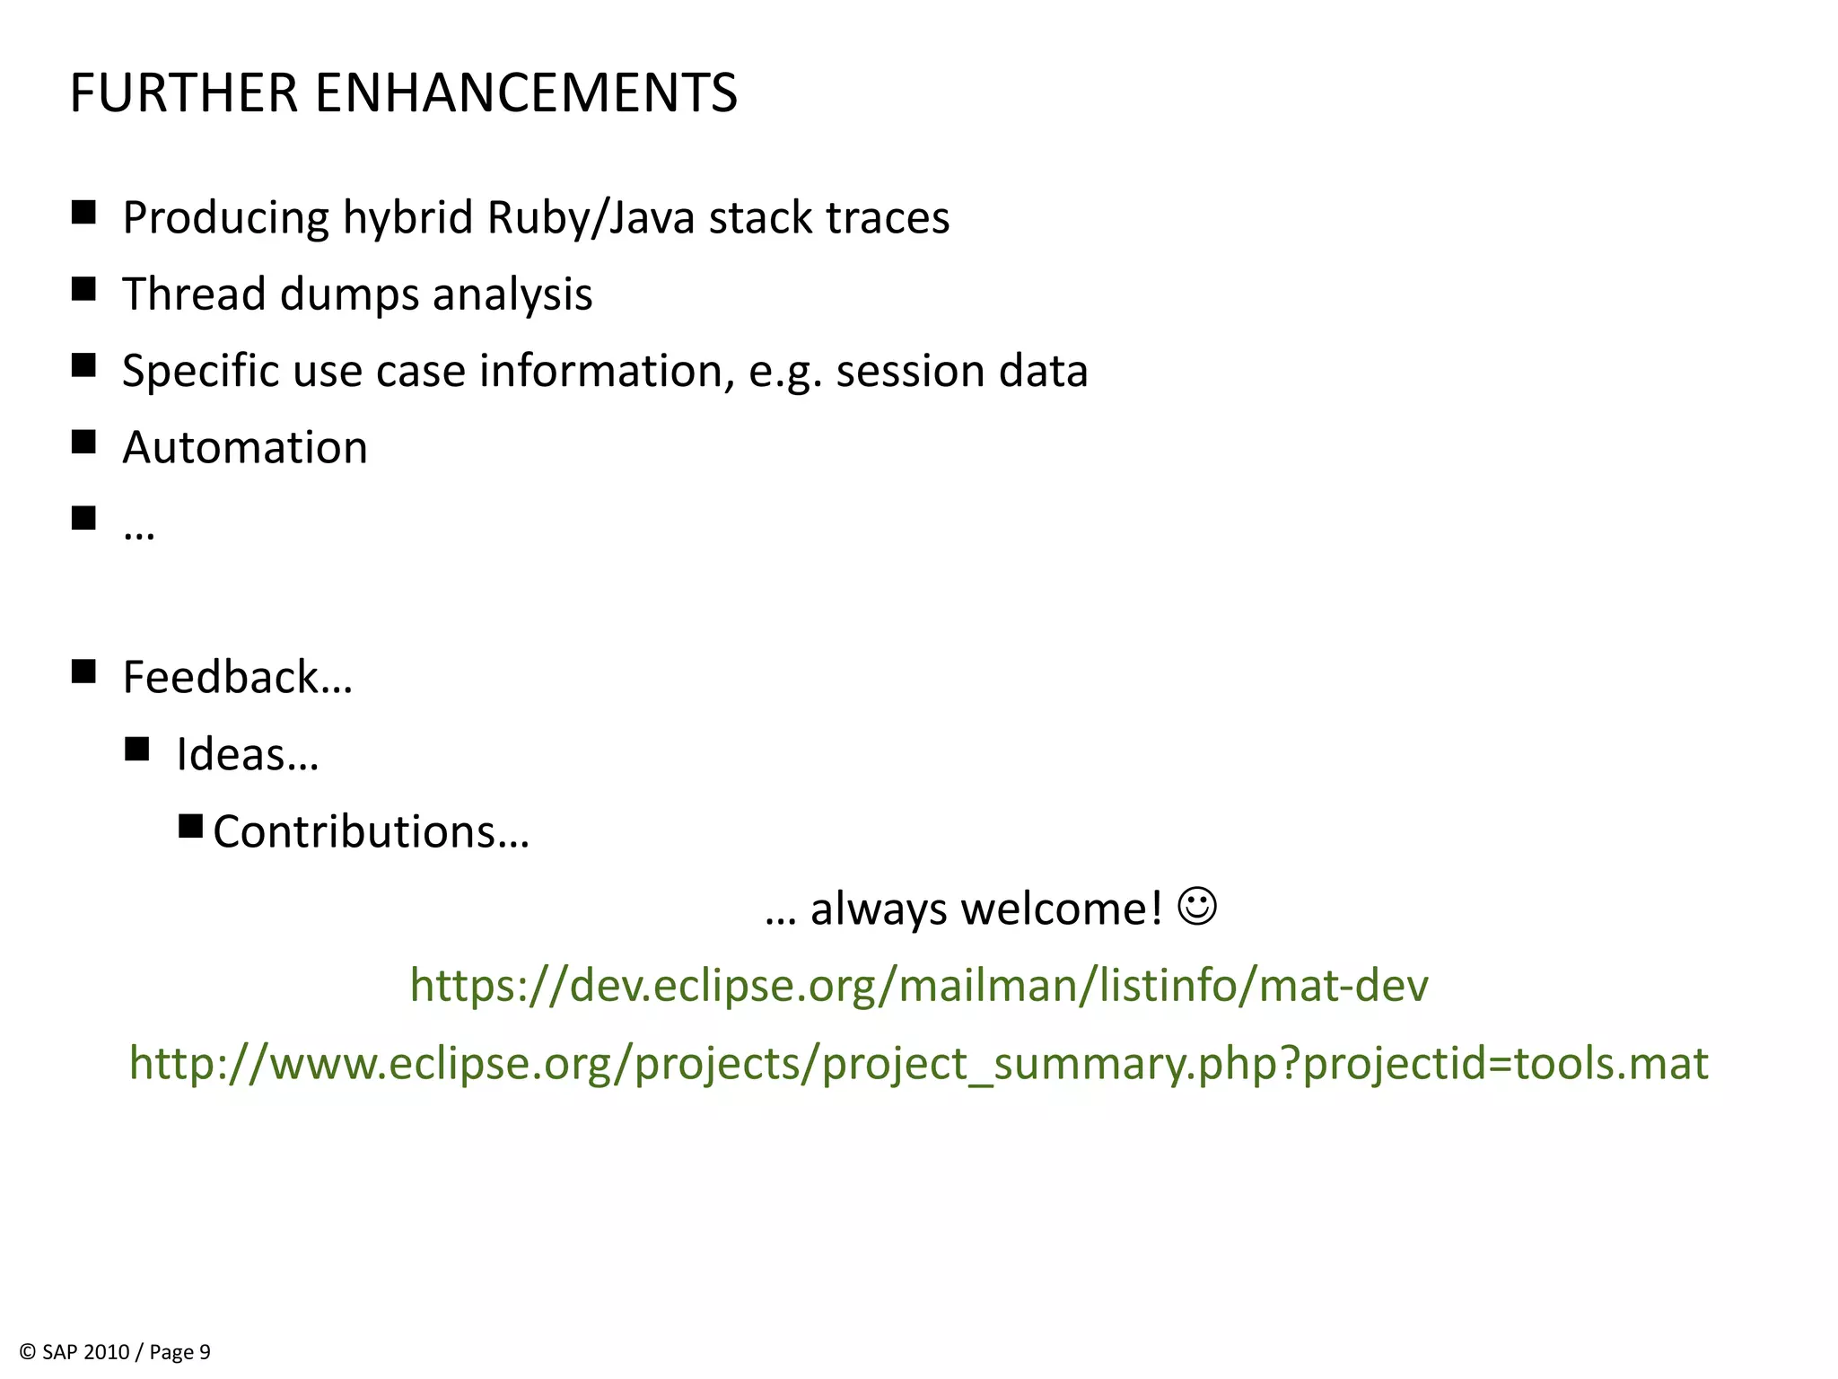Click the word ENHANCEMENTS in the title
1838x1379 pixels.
pos(526,93)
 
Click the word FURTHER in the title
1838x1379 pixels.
pos(183,93)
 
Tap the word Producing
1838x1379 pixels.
pos(226,218)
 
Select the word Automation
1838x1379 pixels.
pos(245,447)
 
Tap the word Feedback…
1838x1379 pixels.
pos(238,677)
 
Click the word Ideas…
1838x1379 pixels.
pos(248,754)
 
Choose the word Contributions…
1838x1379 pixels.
pos(372,831)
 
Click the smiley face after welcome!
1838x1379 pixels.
pos(1197,907)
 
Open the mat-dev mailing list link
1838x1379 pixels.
pos(919,985)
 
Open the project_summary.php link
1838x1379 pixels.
pos(919,1063)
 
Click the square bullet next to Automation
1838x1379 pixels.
pos(83,442)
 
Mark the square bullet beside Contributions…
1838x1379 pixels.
pos(190,826)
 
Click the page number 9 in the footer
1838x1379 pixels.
pos(205,1352)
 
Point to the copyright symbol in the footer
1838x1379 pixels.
pos(28,1352)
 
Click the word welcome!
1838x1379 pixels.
pos(1062,909)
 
